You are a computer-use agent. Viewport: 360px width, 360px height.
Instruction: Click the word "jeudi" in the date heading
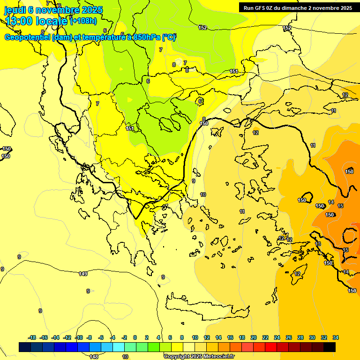coord(15,10)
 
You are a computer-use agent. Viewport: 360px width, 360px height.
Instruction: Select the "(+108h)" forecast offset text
coord(83,21)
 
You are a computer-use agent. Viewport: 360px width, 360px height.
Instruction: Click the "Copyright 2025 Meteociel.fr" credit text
coord(199,356)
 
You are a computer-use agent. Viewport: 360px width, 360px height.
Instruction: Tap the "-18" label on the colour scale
coord(32,337)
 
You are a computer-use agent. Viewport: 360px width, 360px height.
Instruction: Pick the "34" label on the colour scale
coord(336,337)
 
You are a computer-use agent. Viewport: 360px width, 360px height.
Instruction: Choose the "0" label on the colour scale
coord(135,337)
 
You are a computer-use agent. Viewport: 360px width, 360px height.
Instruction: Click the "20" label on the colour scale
coord(254,337)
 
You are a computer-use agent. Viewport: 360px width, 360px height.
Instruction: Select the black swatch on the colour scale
coord(330,347)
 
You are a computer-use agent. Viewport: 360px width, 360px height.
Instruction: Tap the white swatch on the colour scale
coord(189,347)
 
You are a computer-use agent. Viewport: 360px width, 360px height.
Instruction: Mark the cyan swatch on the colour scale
coord(119,347)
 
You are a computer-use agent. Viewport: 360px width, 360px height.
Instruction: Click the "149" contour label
coord(83,274)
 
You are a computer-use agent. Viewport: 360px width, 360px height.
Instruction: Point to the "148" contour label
coord(94,357)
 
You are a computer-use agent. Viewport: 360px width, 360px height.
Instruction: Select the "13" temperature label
coord(318,244)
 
